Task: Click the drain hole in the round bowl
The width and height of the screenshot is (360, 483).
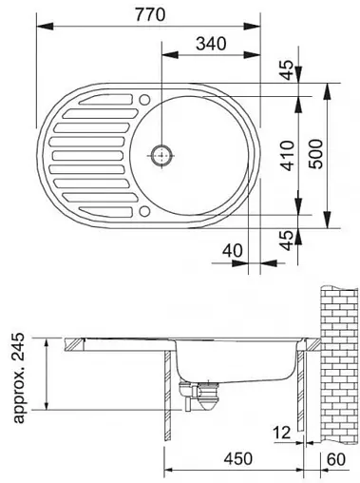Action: pyautogui.click(x=163, y=152)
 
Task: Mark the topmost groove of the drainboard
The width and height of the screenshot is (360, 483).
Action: pyautogui.click(x=104, y=99)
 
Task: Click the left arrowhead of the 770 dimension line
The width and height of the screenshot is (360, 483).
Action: pyautogui.click(x=39, y=27)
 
